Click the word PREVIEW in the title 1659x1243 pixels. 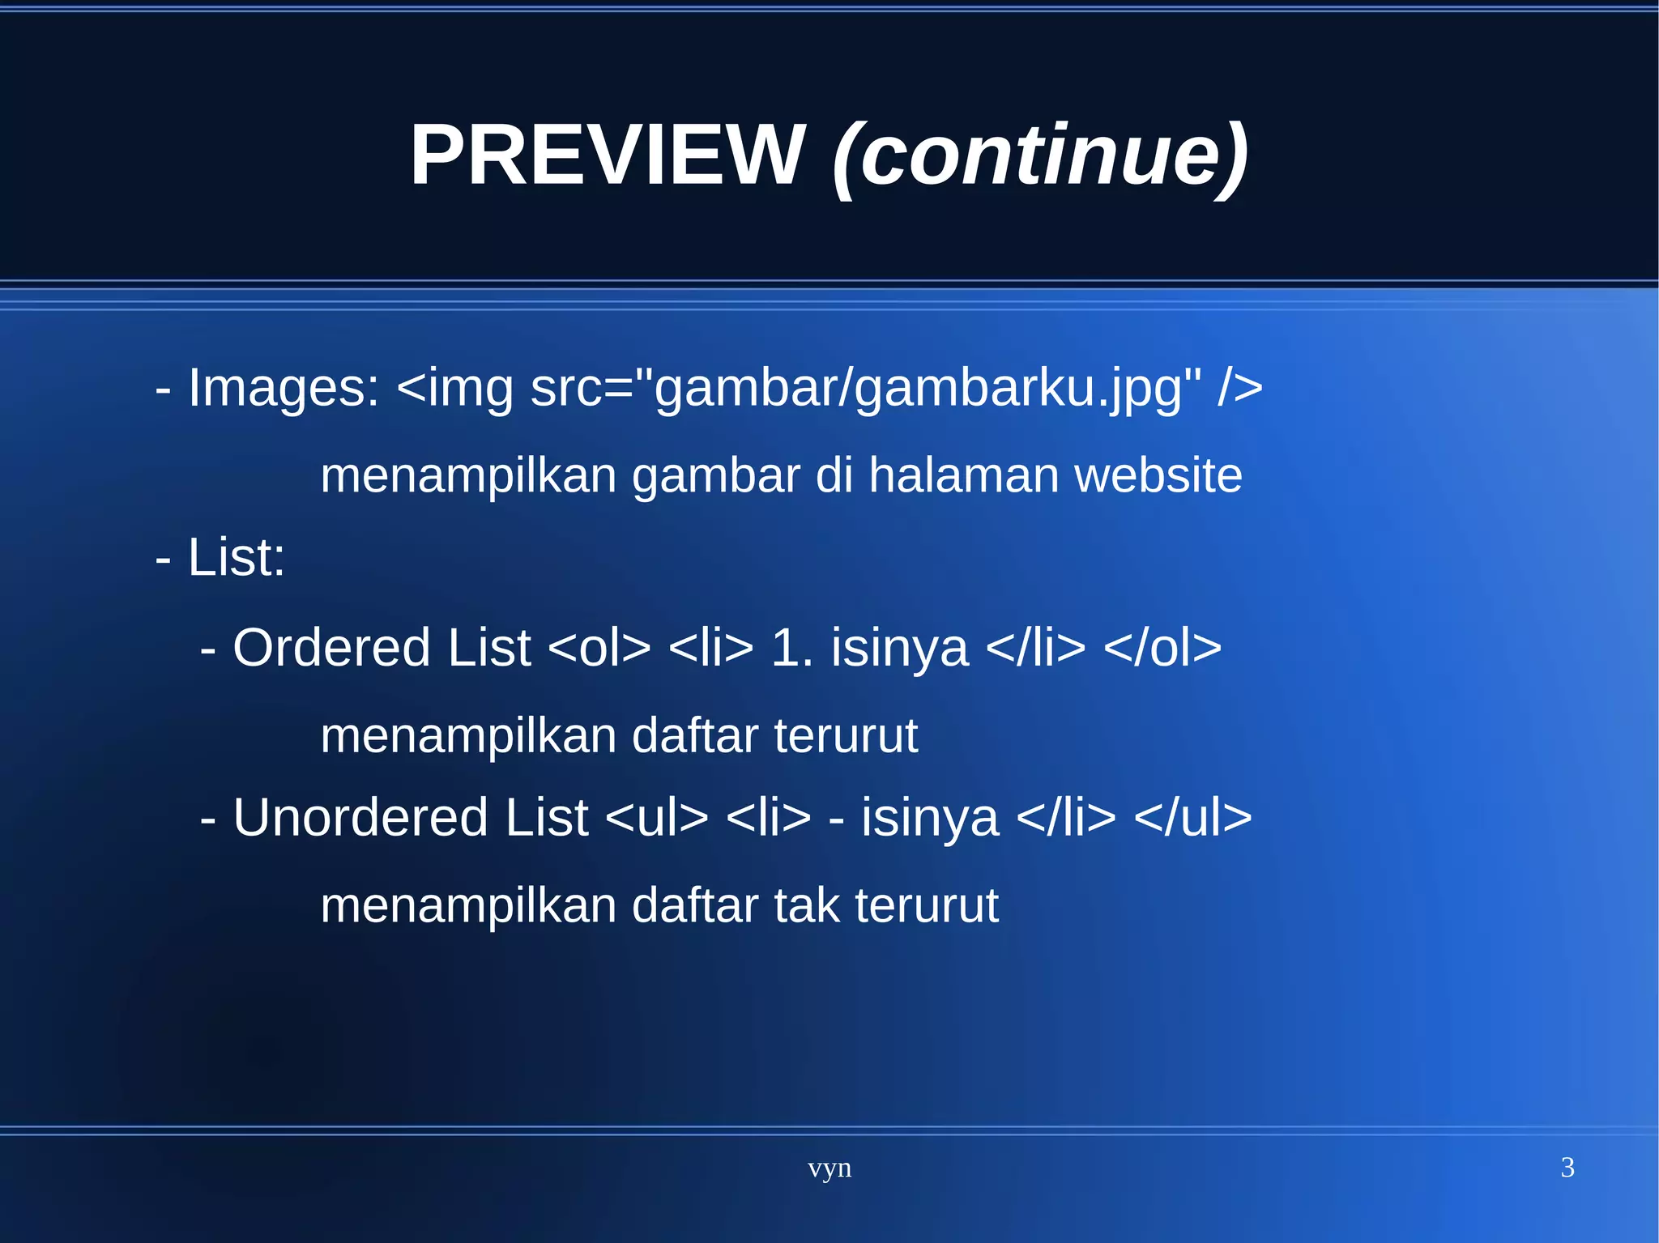(607, 155)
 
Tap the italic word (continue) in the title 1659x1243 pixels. (1040, 155)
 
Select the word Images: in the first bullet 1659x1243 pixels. (284, 387)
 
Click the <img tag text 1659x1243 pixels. (454, 387)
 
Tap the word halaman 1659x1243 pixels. (963, 475)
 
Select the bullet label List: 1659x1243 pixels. (236, 557)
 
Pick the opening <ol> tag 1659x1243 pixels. (599, 647)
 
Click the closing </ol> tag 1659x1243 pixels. (1162, 647)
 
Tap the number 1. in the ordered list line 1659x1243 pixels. (791, 647)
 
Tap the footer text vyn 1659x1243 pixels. (829, 1168)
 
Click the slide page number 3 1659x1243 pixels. (1567, 1167)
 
